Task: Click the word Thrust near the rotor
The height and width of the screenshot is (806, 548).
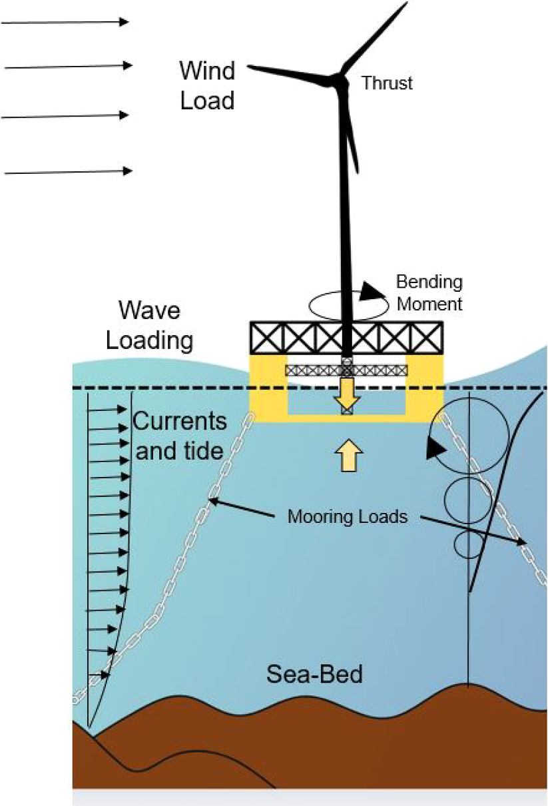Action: coord(387,83)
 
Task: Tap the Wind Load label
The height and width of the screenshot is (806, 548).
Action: coord(206,85)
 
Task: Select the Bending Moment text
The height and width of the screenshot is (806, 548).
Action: coord(429,292)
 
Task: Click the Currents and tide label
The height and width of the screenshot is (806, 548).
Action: coord(180,436)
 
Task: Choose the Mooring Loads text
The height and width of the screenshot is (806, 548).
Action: coord(348,516)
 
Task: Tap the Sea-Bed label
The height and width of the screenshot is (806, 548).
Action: coord(315,674)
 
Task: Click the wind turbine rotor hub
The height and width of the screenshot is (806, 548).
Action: coord(341,78)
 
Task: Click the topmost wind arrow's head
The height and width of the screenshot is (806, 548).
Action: coord(125,22)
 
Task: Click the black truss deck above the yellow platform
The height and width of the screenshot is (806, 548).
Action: coord(346,336)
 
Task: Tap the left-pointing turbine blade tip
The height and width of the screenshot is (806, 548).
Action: coord(252,66)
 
